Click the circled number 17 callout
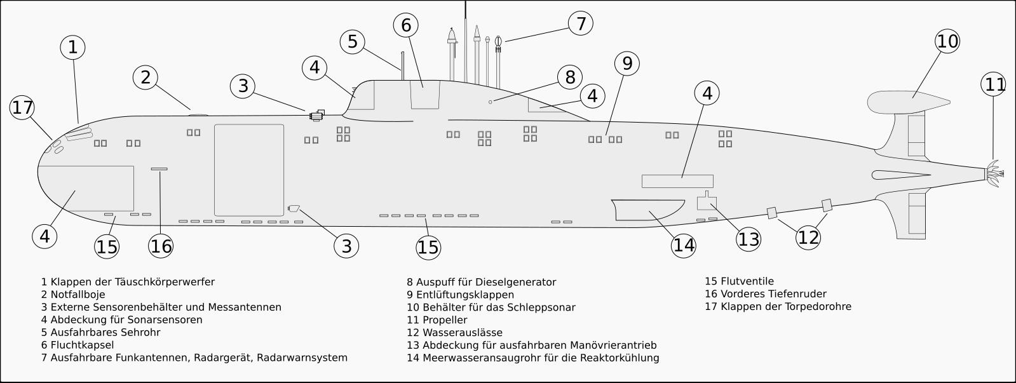coord(22,107)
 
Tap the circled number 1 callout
coord(72,47)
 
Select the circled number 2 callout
coord(145,77)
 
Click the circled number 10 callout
coord(947,41)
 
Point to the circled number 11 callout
coord(993,84)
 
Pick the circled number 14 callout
coord(684,245)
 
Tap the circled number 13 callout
coord(748,239)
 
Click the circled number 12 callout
coord(808,237)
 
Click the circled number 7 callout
coord(581,23)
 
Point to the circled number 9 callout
coord(627,64)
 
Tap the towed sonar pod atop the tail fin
coord(908,102)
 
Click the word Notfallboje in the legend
coord(78,295)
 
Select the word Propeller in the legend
coord(445,321)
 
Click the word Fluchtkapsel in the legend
coord(82,346)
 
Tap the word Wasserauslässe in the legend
coord(463,333)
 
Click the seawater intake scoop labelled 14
coord(647,210)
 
